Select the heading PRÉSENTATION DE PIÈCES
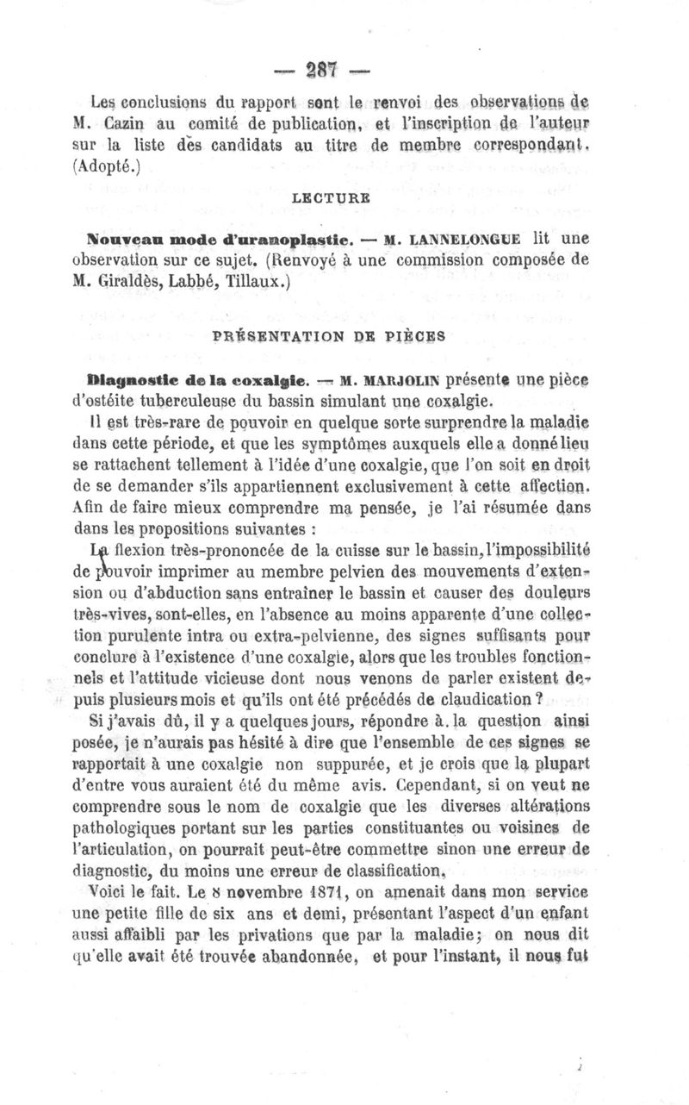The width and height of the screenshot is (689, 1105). point(328,337)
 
